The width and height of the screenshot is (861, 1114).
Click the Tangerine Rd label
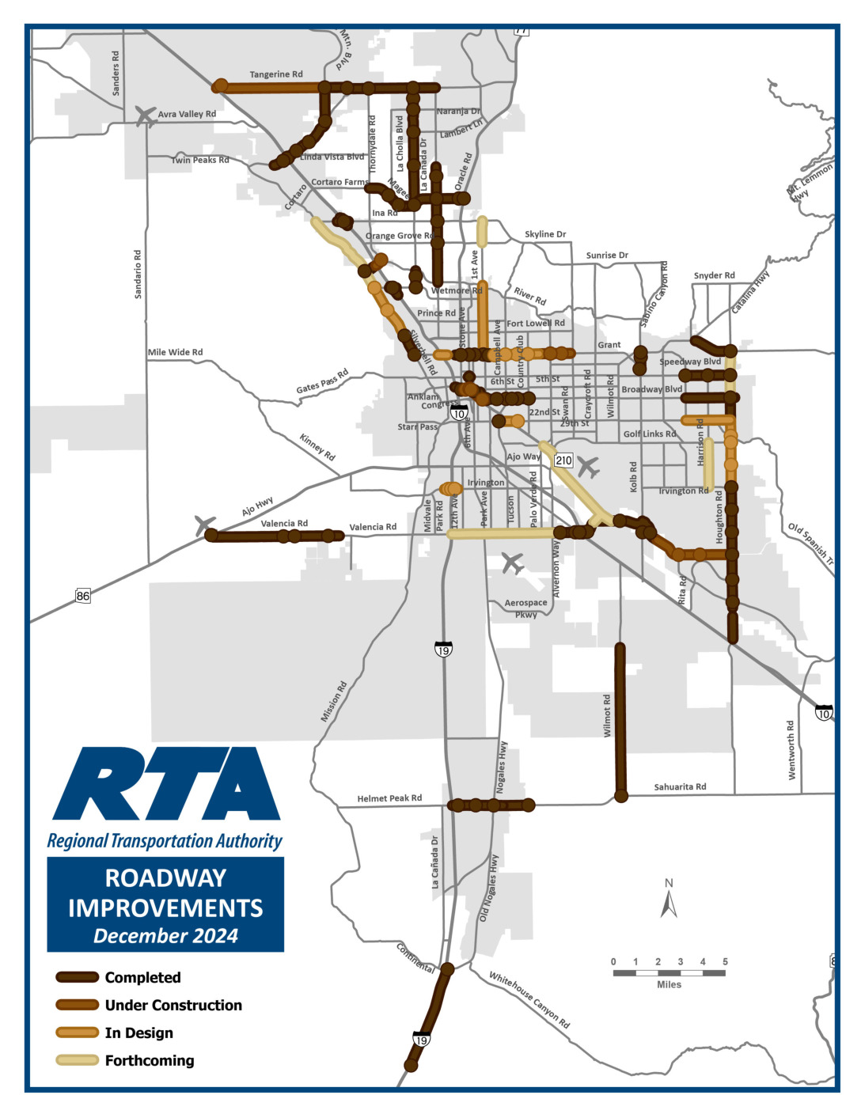point(276,74)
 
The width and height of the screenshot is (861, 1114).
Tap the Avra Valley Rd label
point(187,114)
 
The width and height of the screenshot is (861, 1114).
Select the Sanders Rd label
point(116,74)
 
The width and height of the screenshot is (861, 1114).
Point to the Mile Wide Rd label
point(175,352)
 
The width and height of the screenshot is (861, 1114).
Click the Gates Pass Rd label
point(322,381)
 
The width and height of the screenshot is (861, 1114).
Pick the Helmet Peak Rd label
point(389,798)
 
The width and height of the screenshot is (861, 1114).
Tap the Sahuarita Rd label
point(680,786)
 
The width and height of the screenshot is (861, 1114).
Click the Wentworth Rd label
point(791,750)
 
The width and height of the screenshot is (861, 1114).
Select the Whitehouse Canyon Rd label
point(529,1000)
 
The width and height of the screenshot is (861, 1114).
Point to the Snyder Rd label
point(714,275)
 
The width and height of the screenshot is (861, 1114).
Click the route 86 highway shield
point(83,595)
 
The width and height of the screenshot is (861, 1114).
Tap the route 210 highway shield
point(563,460)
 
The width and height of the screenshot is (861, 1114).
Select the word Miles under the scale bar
point(669,984)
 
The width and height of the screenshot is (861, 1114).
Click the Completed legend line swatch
point(77,977)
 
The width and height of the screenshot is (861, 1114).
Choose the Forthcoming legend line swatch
point(77,1060)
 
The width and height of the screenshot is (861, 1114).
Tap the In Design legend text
point(138,1033)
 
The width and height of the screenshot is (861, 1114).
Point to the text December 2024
point(165,936)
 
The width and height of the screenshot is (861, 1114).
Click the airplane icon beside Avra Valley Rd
point(146,116)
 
